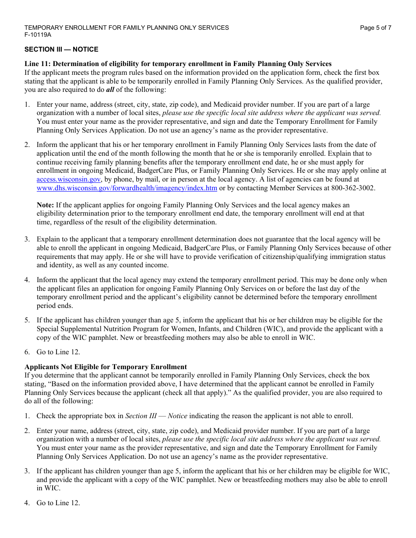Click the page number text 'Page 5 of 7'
click(375, 28)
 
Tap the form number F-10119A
click(38, 35)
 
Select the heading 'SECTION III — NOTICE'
click(61, 49)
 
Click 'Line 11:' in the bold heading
click(38, 64)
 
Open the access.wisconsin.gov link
click(69, 179)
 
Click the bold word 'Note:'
click(45, 205)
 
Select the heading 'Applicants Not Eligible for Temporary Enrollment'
click(106, 367)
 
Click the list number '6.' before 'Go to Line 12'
click(27, 352)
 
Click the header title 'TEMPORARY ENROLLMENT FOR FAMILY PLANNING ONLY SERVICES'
click(127, 28)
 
